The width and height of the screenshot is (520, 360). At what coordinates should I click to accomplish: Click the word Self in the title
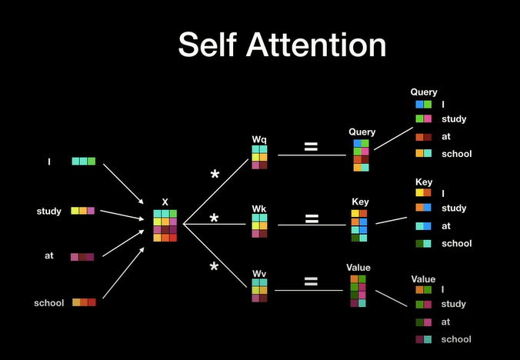point(208,44)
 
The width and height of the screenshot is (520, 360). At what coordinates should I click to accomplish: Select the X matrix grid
point(165,225)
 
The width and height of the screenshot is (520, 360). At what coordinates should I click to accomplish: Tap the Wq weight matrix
point(259,157)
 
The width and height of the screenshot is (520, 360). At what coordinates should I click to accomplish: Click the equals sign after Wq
point(311,146)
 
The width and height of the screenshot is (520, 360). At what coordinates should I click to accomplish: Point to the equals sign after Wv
point(311,282)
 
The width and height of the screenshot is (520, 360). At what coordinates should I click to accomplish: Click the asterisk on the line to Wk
point(215,219)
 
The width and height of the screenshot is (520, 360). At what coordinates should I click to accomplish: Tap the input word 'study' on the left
point(48,211)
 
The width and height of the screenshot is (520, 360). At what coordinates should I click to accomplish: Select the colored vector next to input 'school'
point(84,302)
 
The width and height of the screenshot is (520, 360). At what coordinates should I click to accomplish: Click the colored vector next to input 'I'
point(83,162)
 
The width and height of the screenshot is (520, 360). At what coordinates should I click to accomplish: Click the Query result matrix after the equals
point(362,155)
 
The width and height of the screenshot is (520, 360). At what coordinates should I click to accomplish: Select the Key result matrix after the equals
point(359,225)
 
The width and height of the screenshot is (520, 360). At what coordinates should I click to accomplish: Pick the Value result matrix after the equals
point(358,291)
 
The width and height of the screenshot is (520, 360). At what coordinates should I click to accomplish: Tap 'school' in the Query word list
point(457,154)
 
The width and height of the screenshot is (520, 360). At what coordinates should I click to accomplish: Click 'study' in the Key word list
point(454,208)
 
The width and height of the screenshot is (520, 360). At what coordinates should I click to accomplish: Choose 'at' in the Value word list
point(447,322)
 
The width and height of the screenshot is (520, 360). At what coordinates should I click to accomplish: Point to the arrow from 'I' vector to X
point(124,182)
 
